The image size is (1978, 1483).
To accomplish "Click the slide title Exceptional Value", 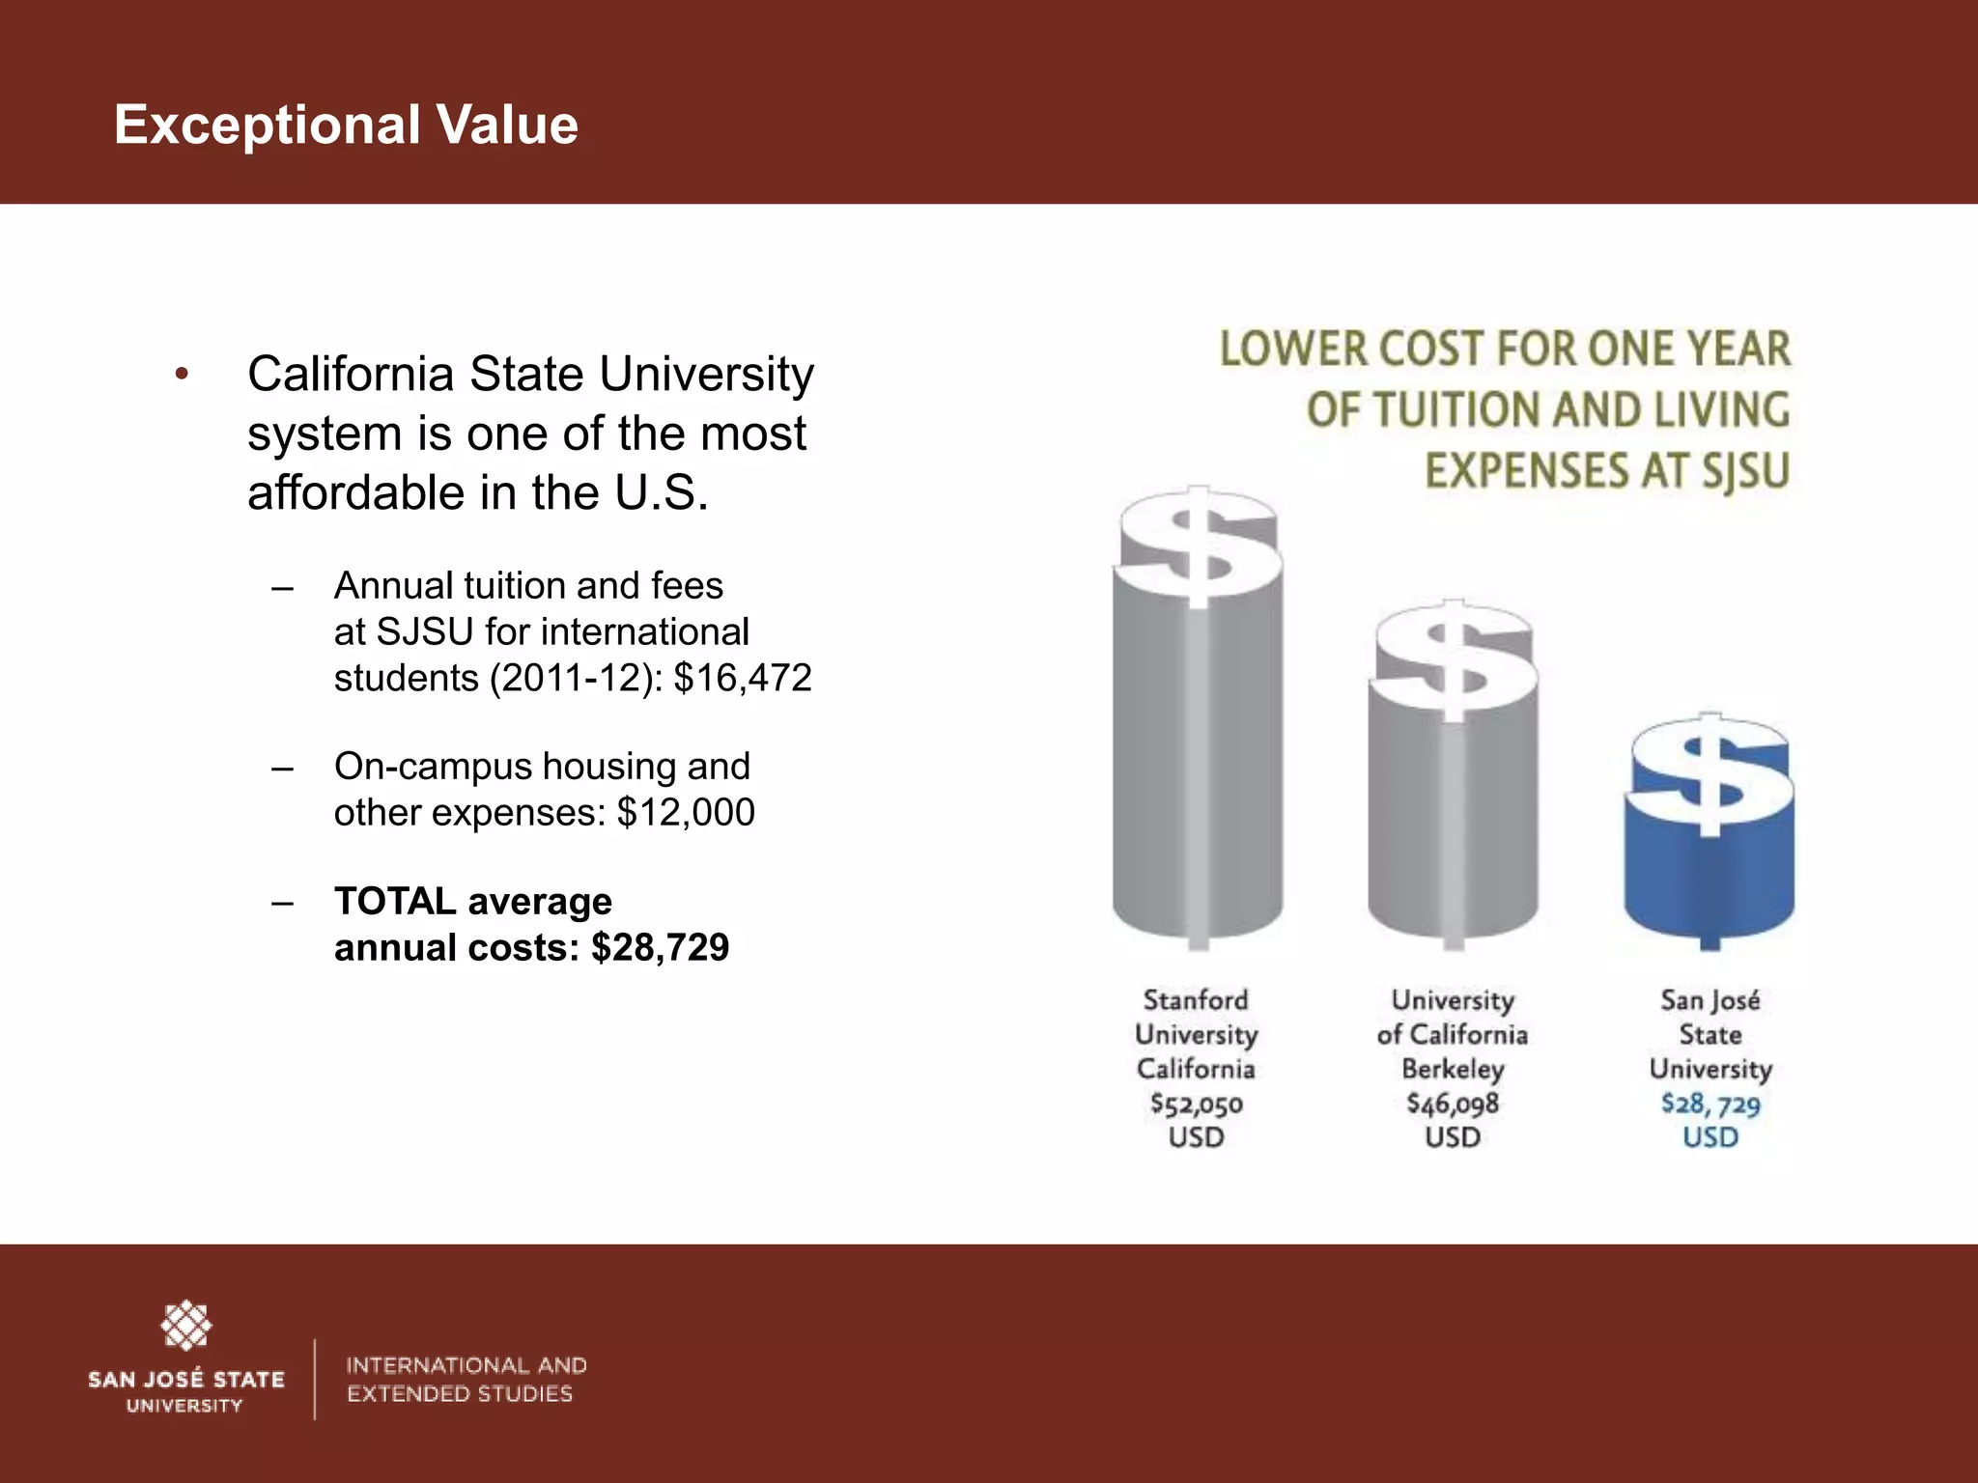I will pyautogui.click(x=346, y=126).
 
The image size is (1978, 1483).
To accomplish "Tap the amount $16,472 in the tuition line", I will pyautogui.click(x=743, y=678).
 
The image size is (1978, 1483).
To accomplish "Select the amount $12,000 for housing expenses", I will pyautogui.click(x=686, y=812).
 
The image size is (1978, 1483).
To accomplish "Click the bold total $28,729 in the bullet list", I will pyautogui.click(x=661, y=947).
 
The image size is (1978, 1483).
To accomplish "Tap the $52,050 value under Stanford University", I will pyautogui.click(x=1197, y=1104).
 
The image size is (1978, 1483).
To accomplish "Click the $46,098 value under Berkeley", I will pyautogui.click(x=1453, y=1104).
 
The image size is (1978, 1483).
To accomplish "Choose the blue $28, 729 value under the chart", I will pyautogui.click(x=1710, y=1104).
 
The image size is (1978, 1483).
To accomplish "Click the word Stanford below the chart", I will pyautogui.click(x=1196, y=999).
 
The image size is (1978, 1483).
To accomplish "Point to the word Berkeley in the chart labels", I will pyautogui.click(x=1453, y=1069).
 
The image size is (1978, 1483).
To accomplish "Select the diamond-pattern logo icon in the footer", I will pyautogui.click(x=185, y=1326).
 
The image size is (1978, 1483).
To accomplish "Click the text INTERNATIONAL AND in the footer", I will pyautogui.click(x=466, y=1365).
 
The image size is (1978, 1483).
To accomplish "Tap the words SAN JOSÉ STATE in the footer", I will pyautogui.click(x=186, y=1379).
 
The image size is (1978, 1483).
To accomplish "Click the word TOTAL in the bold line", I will pyautogui.click(x=395, y=901).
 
